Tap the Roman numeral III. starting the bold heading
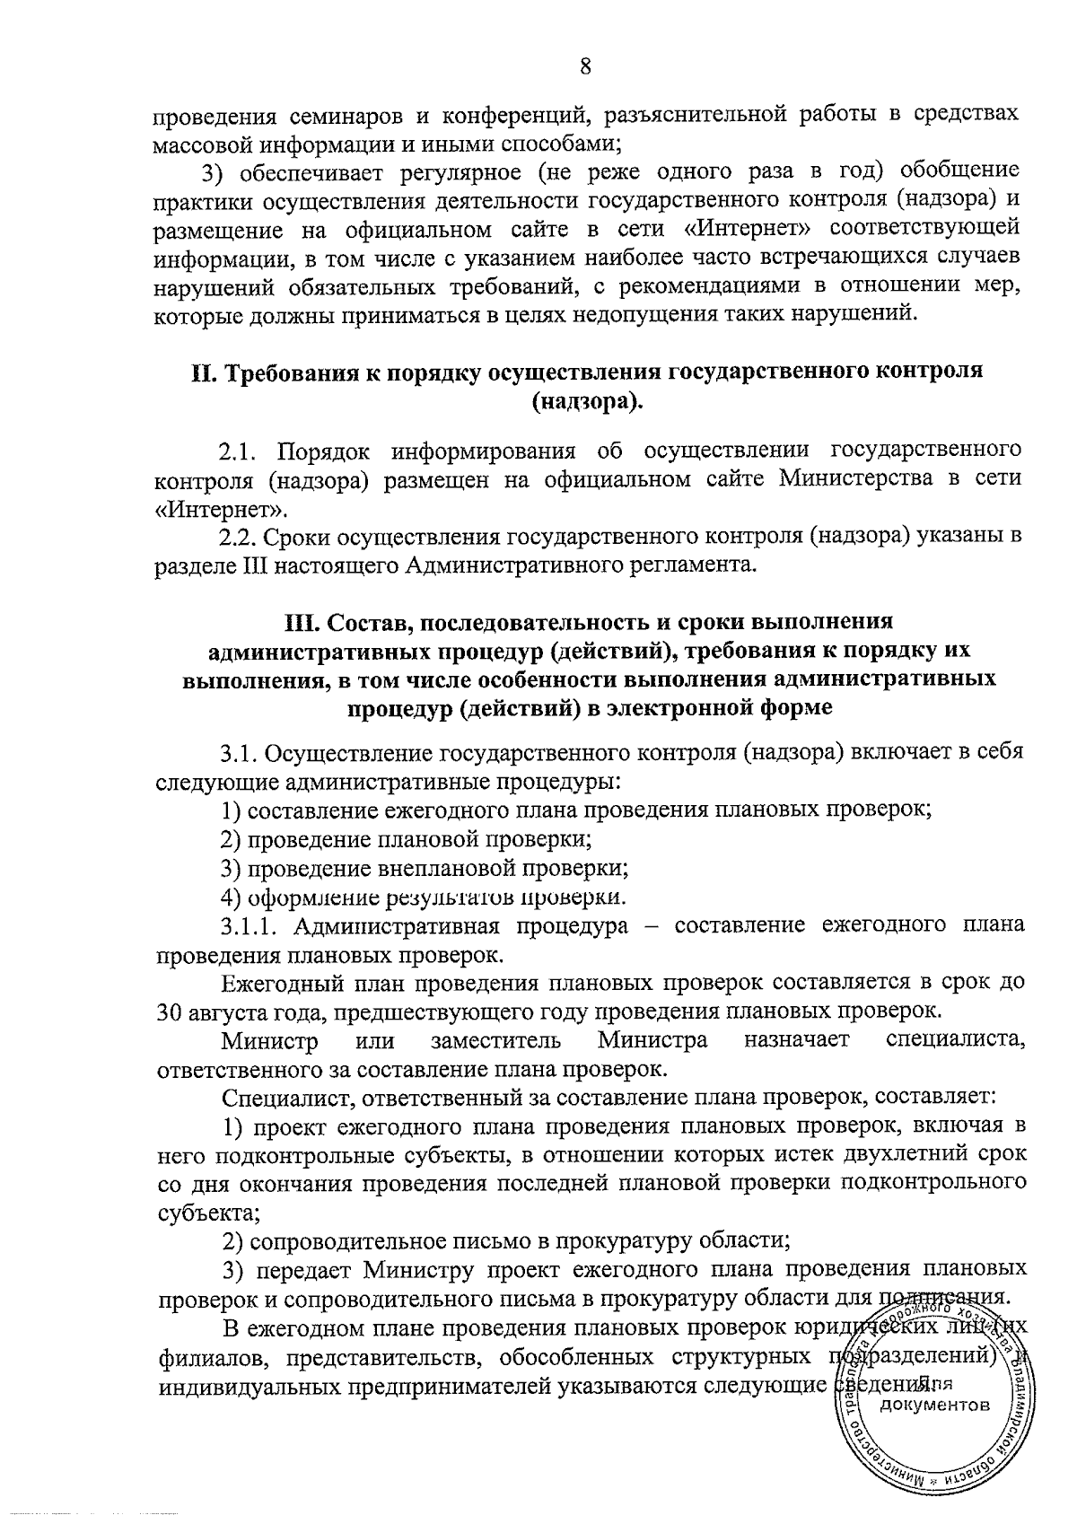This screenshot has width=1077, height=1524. (302, 622)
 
